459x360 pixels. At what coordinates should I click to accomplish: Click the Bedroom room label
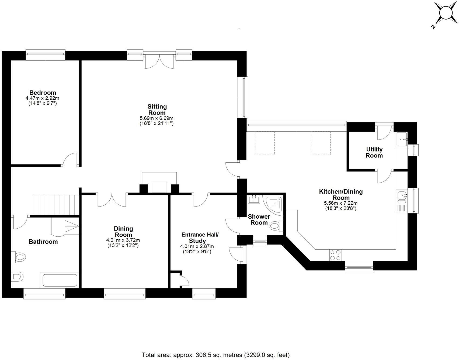[43, 93]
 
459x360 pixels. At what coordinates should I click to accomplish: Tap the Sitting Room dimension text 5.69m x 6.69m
[156, 118]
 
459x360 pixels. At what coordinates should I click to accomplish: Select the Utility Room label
[374, 152]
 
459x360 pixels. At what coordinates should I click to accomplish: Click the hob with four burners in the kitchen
[335, 255]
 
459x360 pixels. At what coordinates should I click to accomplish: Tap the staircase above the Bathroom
[57, 205]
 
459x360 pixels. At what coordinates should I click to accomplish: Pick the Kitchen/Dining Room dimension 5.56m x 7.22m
[341, 203]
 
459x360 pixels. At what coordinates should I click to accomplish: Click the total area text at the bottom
[215, 355]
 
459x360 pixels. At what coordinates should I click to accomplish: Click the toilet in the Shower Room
[275, 226]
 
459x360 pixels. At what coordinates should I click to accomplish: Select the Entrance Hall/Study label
[200, 238]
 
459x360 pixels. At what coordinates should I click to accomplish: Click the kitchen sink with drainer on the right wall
[402, 201]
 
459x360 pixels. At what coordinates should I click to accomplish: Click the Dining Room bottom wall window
[124, 296]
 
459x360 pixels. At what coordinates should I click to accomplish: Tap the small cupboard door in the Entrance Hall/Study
[184, 281]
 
